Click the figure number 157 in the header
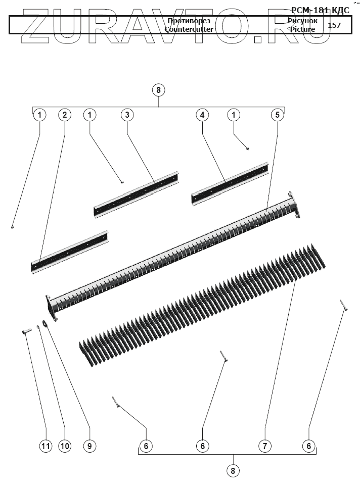click(334, 25)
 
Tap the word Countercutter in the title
click(189, 29)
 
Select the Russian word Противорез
click(189, 21)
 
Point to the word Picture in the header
click(302, 29)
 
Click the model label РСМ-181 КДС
click(320, 10)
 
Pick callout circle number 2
click(64, 115)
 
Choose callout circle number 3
click(127, 115)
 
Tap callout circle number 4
click(202, 115)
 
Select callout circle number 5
click(277, 115)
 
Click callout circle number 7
click(264, 446)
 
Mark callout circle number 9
click(89, 446)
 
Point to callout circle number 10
click(65, 446)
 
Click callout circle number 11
click(46, 446)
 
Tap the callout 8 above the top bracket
click(159, 90)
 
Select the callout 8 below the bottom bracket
click(233, 471)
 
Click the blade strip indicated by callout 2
click(71, 251)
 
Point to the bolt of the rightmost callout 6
click(344, 305)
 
